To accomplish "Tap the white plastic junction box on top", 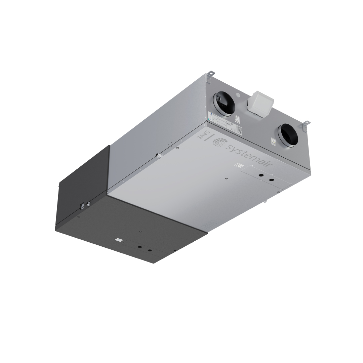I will pyautogui.click(x=260, y=104).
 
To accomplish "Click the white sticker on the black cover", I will pyautogui.click(x=118, y=240).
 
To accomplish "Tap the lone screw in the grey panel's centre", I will pyautogui.click(x=226, y=178).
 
